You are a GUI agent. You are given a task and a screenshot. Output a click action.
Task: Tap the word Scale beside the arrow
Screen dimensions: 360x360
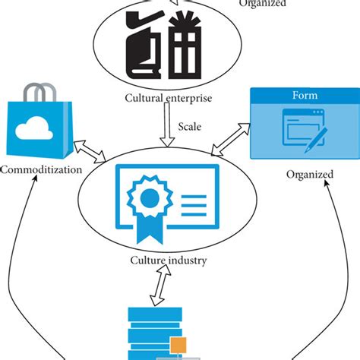[x=189, y=127]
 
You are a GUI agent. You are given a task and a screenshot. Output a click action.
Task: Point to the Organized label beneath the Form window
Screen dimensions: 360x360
[x=309, y=175]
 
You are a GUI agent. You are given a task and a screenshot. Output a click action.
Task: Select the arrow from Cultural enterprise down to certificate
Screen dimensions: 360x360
[x=167, y=125]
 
